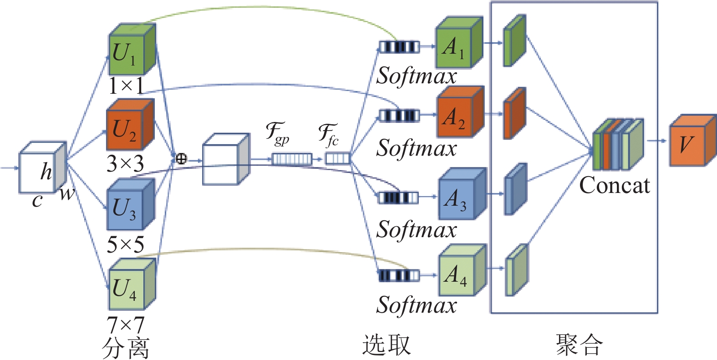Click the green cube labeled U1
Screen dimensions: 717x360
(132, 49)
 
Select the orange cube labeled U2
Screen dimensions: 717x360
(130, 125)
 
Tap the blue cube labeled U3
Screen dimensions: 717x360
(131, 204)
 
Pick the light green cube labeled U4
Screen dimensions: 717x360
(132, 284)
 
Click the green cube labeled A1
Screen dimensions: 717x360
(459, 42)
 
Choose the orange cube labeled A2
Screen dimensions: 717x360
(460, 112)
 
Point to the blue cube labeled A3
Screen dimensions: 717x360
(462, 193)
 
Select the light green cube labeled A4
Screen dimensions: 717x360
(463, 270)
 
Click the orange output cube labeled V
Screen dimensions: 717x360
(693, 140)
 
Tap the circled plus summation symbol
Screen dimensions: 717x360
(181, 159)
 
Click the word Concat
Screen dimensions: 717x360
(615, 185)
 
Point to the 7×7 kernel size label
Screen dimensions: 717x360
(126, 325)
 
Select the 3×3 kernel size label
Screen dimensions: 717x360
(126, 163)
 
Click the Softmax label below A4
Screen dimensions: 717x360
(417, 305)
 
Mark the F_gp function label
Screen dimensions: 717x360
(277, 133)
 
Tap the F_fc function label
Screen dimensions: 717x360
(328, 135)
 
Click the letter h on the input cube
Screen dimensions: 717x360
(46, 171)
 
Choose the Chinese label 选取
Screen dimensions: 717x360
(386, 345)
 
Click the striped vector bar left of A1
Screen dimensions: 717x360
(399, 47)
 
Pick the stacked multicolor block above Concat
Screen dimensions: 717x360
(618, 144)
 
